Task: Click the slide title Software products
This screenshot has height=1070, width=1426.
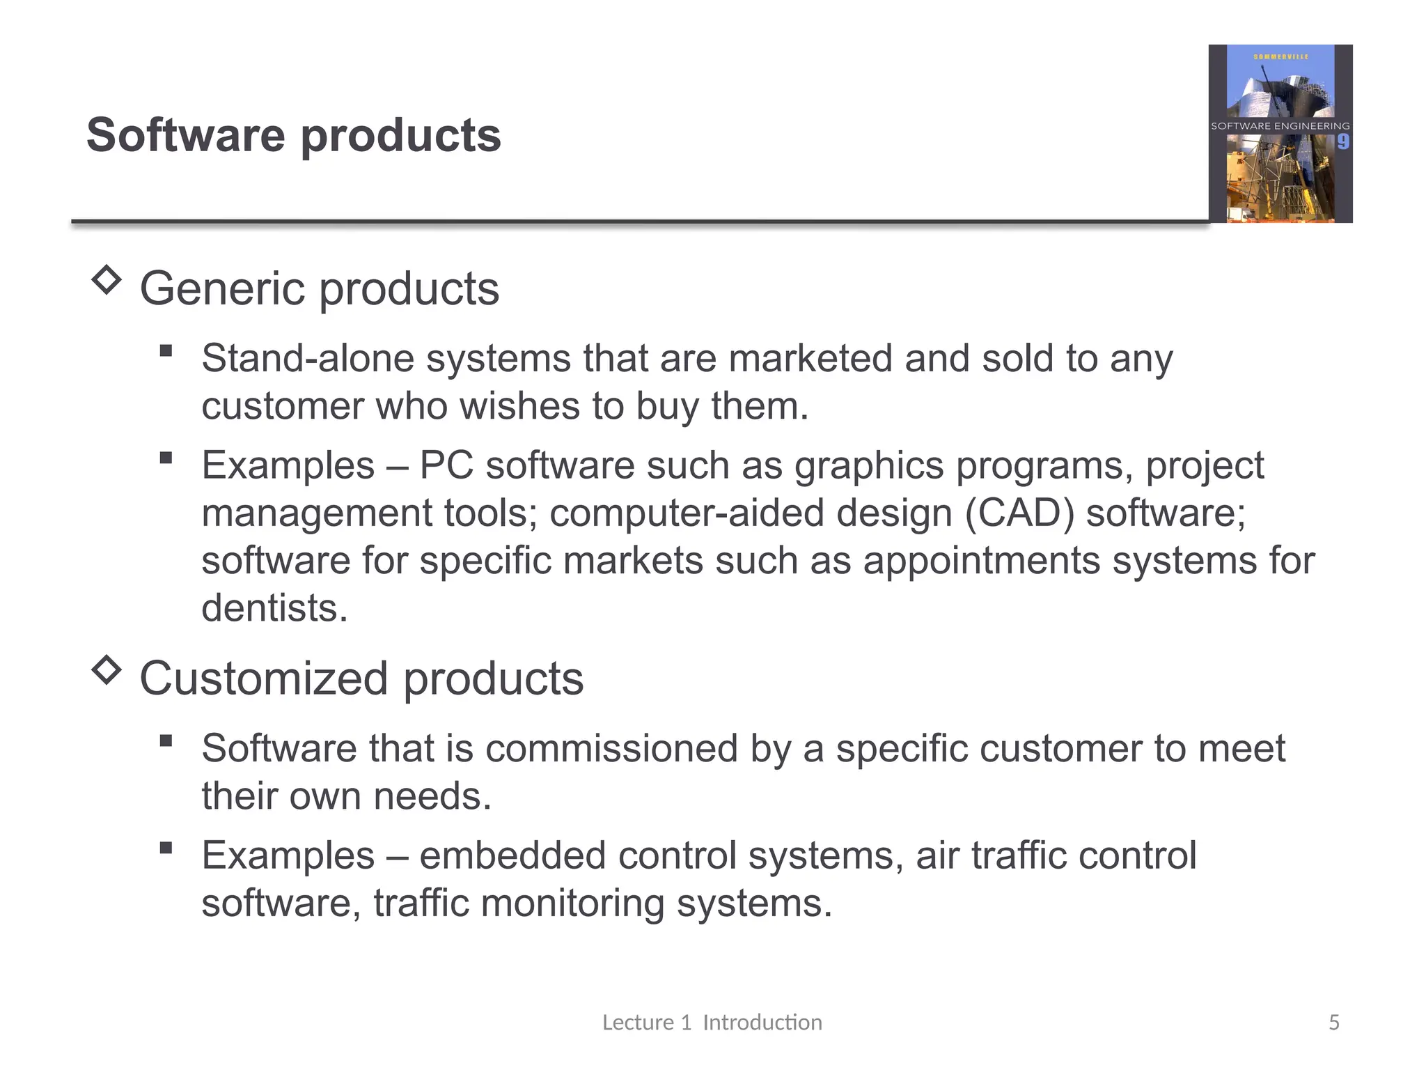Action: point(293,135)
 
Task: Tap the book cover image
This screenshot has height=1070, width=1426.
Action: point(1280,134)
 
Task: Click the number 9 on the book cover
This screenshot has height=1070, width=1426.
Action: point(1342,142)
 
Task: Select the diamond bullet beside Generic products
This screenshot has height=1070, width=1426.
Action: point(107,280)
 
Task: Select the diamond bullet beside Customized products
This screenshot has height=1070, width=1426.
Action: point(107,670)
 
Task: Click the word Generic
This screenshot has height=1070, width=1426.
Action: point(222,288)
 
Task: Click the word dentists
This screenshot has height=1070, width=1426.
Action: point(274,608)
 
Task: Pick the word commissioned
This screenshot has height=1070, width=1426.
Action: point(611,749)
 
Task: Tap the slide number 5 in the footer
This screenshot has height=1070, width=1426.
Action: point(1333,1022)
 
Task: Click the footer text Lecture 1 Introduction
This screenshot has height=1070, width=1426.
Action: point(712,1022)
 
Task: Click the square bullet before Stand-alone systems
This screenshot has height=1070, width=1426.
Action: point(166,350)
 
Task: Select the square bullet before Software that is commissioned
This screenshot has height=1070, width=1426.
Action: point(166,741)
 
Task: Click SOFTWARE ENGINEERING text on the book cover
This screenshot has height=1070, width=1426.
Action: point(1280,126)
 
